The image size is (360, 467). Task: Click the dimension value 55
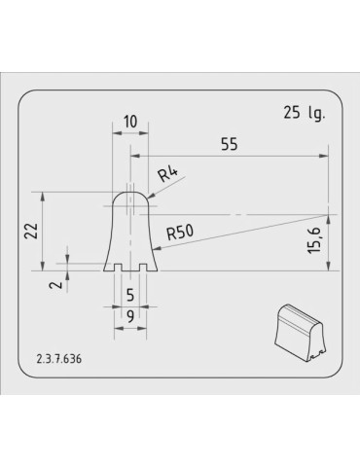pos(230,145)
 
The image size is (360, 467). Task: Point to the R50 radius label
pos(181,233)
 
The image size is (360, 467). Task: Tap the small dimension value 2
pos(57,284)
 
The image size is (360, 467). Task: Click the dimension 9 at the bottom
pos(129,315)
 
